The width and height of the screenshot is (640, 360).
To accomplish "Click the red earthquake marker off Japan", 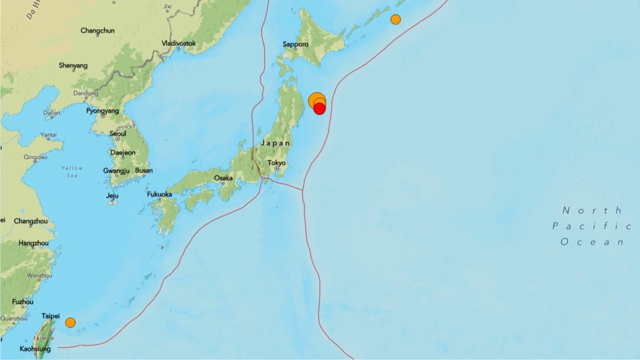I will tap(319, 109).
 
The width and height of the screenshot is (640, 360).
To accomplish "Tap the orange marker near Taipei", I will tap(70, 322).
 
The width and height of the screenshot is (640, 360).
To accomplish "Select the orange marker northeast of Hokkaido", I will tap(395, 19).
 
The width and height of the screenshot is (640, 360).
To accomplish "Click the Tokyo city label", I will tap(277, 163).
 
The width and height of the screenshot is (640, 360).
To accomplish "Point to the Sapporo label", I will tap(295, 45).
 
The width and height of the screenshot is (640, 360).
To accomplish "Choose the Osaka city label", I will tap(223, 178).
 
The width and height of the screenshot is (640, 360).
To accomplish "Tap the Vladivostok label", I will tap(179, 43).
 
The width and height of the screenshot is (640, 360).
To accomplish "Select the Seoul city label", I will tap(118, 133).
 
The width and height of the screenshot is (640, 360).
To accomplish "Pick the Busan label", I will tap(144, 171).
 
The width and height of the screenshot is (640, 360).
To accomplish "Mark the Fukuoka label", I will tap(159, 194).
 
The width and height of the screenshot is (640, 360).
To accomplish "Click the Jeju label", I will tap(112, 195).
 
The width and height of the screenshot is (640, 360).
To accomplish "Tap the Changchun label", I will tap(98, 31).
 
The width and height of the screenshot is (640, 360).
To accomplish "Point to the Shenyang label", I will tap(74, 66).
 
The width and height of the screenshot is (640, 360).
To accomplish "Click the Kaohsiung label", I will tap(35, 349).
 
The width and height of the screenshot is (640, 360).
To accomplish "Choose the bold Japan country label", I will tap(276, 143).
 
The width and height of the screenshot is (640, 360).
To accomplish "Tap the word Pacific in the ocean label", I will tap(591, 226).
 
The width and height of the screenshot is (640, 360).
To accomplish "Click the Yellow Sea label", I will tap(72, 171).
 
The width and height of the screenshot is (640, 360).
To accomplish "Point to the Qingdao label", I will tap(36, 157).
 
